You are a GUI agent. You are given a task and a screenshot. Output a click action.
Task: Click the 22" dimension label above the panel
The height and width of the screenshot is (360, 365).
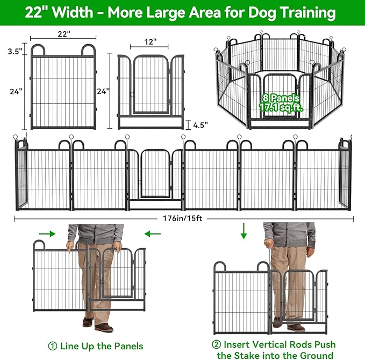click(64, 34)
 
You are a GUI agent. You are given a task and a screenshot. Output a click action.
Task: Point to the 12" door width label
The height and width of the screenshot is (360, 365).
click(151, 41)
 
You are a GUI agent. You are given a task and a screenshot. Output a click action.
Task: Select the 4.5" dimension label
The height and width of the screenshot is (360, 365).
click(200, 125)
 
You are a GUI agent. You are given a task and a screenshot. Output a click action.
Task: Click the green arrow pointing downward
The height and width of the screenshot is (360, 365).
click(244, 232)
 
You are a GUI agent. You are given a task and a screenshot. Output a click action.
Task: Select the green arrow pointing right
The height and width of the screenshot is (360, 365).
click(47, 234)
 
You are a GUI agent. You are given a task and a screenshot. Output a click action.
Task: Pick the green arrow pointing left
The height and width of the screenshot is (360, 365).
click(153, 234)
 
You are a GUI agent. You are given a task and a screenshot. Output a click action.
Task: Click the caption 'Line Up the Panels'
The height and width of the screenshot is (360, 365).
click(102, 345)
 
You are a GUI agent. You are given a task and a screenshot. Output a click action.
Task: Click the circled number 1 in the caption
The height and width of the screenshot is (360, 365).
click(52, 345)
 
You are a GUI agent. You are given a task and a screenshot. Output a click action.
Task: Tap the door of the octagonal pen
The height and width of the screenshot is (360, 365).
click(278, 102)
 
